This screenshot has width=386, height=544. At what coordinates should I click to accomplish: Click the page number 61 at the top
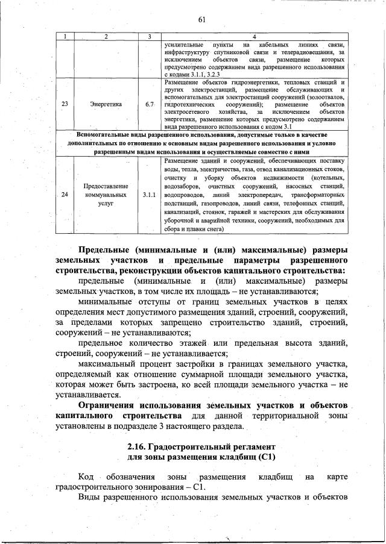click(202, 20)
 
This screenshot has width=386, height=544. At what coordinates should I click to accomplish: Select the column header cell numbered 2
click(106, 37)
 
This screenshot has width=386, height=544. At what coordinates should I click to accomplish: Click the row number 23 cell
click(65, 104)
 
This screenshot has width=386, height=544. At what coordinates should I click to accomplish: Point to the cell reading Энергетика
click(106, 104)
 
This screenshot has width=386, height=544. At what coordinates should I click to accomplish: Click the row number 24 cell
click(65, 195)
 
